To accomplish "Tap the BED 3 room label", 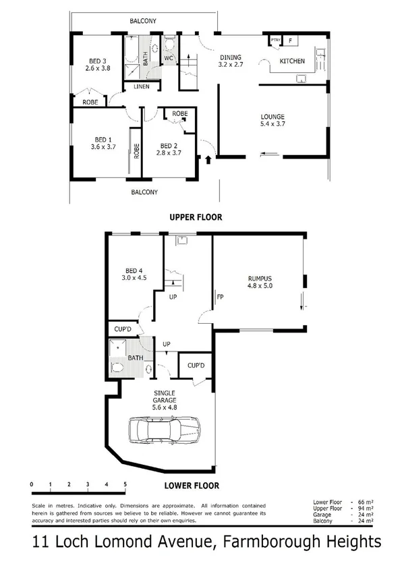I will tap(92, 59).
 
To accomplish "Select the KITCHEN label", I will tap(293, 61).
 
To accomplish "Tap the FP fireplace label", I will tap(220, 295).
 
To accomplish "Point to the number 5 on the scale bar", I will tap(125, 485).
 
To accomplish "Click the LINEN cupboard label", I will tap(142, 86).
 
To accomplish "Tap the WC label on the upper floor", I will tap(169, 59).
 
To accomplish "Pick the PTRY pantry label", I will tap(275, 41).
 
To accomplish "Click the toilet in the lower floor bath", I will tap(117, 367).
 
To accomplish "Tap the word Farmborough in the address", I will tap(260, 541).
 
